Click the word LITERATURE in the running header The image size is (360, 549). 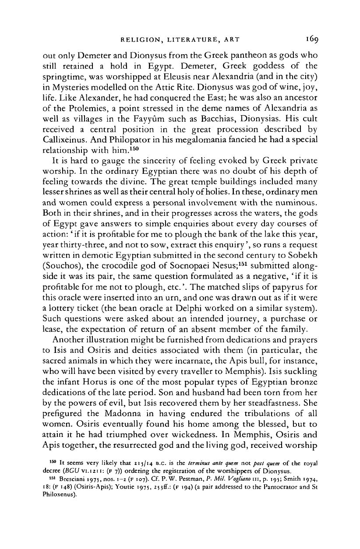pyautogui.click(x=186, y=41)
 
